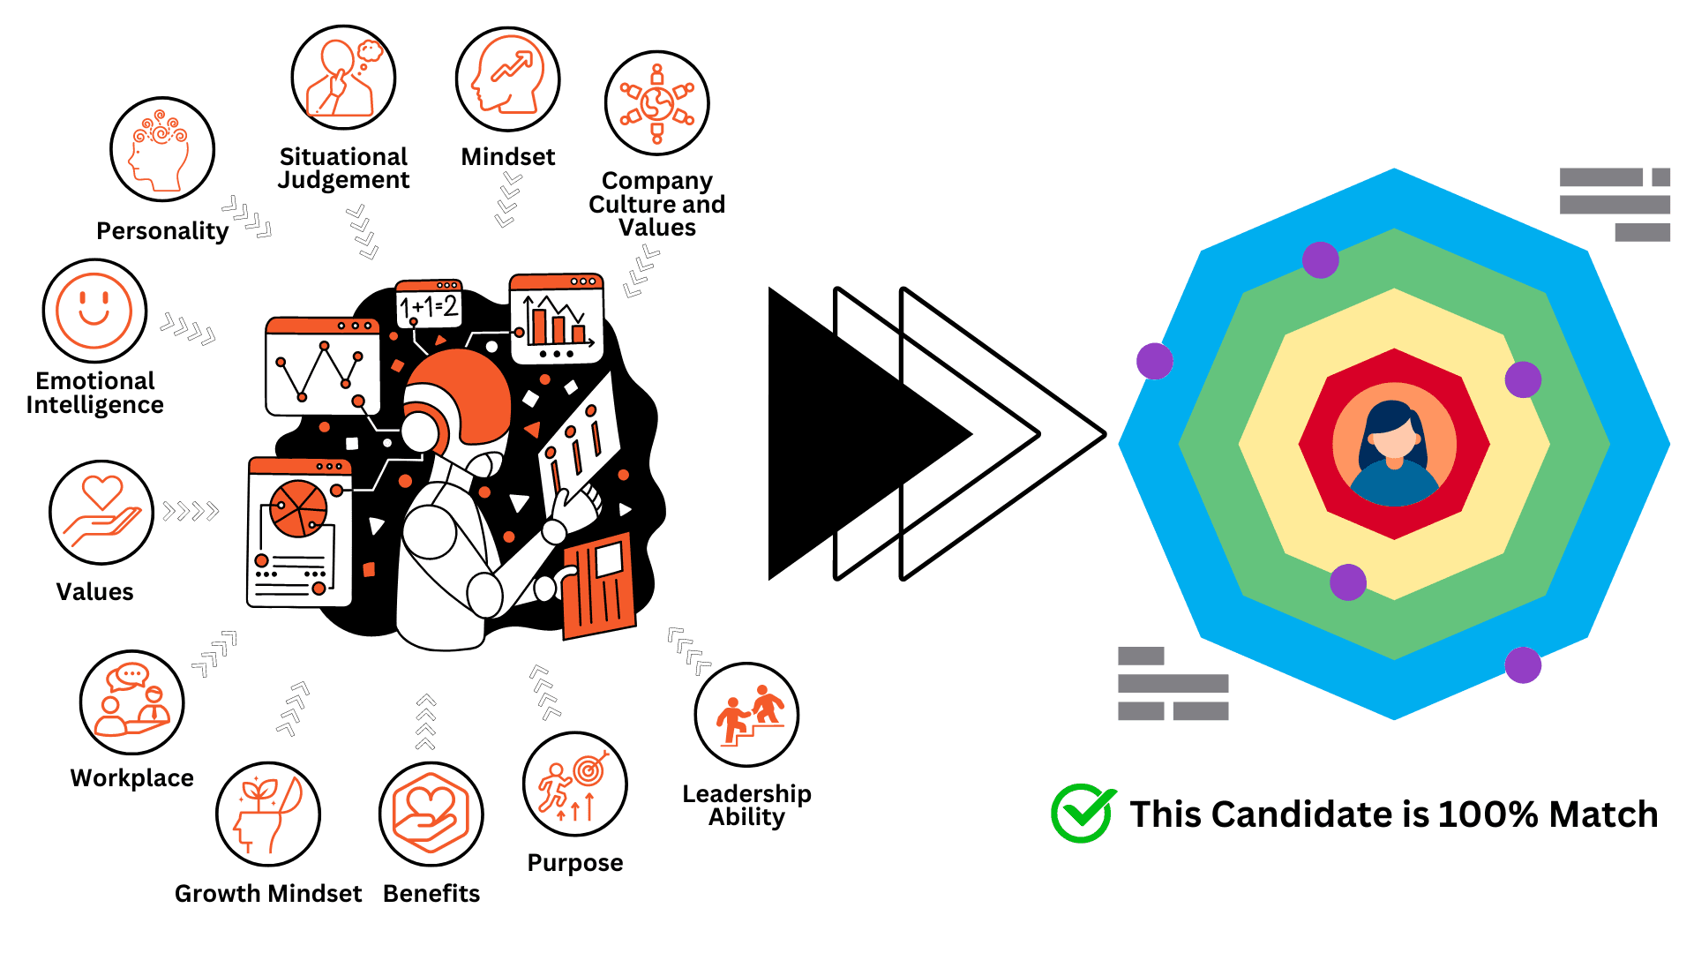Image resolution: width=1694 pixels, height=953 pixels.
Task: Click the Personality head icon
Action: pos(162,149)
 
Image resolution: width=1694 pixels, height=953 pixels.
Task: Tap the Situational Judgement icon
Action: pos(343,78)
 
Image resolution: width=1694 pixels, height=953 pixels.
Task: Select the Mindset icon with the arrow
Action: pos(508,79)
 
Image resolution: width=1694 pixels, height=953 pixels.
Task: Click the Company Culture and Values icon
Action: pos(657,103)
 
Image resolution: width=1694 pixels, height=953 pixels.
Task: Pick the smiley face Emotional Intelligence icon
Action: pos(94,311)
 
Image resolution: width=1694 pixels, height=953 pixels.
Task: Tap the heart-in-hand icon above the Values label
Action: pos(102,512)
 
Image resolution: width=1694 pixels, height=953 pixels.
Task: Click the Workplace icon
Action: pos(132,702)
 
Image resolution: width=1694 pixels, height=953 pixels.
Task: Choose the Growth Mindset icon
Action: pos(268,814)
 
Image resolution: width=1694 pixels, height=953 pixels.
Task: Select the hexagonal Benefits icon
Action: pos(431,814)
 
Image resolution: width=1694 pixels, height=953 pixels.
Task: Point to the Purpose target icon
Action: pos(575,784)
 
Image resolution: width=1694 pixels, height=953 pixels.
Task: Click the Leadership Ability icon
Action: pos(746,715)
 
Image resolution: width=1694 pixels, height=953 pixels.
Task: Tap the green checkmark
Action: pos(1083,813)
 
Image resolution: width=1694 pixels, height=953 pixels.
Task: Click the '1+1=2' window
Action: pos(429,304)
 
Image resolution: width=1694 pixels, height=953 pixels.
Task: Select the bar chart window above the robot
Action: pos(557,319)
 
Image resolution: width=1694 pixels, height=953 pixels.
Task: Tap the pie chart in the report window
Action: pos(298,509)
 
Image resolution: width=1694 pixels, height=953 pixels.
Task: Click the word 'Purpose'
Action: pos(575,863)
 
